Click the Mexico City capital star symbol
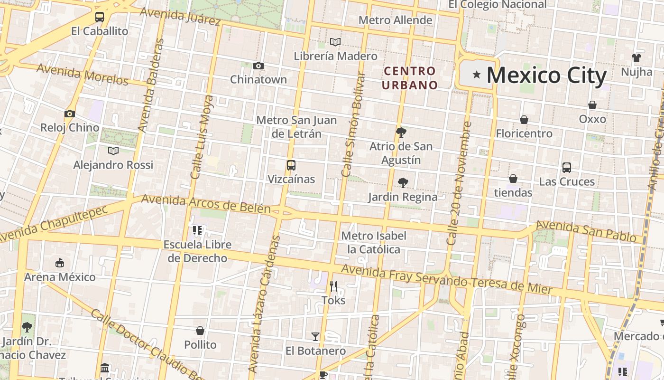pyautogui.click(x=477, y=75)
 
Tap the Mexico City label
pyautogui.click(x=546, y=76)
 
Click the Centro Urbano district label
pyautogui.click(x=410, y=78)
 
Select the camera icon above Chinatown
pyautogui.click(x=258, y=66)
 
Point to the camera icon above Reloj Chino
pyautogui.click(x=70, y=114)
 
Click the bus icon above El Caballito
pyautogui.click(x=100, y=17)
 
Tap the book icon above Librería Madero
pyautogui.click(x=335, y=42)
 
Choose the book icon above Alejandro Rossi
pyautogui.click(x=113, y=151)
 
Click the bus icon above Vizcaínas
pyautogui.click(x=291, y=165)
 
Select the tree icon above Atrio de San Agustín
pyautogui.click(x=401, y=132)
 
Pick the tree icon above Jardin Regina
pyautogui.click(x=403, y=182)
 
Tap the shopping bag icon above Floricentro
pyautogui.click(x=524, y=120)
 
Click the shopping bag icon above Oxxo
pyautogui.click(x=592, y=105)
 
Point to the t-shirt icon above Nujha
pyautogui.click(x=636, y=58)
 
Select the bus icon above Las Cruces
pyautogui.click(x=567, y=167)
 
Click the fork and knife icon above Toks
pyautogui.click(x=333, y=286)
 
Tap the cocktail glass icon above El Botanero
pyautogui.click(x=315, y=337)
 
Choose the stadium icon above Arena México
pyautogui.click(x=60, y=263)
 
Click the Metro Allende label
pyautogui.click(x=395, y=20)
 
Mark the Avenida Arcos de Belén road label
pyautogui.click(x=206, y=204)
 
